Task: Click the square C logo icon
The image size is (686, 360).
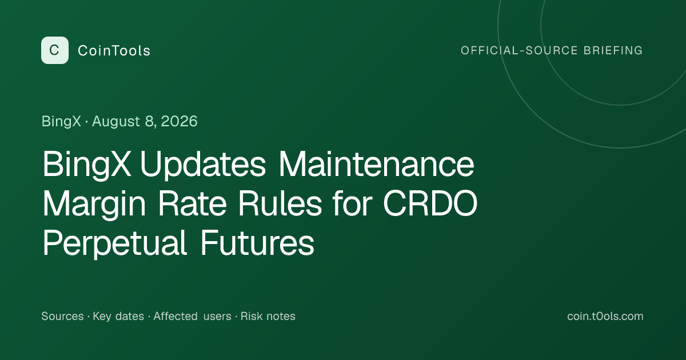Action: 55,50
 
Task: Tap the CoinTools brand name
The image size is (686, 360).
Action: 114,50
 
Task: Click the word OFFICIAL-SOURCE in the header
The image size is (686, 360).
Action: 519,50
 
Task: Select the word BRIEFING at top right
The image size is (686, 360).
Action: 613,50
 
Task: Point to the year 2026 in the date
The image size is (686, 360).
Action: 179,121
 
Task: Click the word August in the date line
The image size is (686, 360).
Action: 116,122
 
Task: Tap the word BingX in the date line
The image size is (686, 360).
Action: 61,122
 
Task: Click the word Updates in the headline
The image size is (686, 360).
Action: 203,165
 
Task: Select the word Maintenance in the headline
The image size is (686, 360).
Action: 376,164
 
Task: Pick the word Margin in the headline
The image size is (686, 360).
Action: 94,204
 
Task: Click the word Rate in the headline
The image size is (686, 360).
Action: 192,203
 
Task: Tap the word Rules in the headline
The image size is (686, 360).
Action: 280,203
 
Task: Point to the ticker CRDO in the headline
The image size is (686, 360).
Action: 430,203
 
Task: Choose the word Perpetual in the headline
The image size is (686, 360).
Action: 115,243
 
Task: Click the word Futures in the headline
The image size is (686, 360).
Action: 258,243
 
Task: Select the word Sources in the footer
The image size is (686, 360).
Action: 62,316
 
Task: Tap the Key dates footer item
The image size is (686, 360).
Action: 118,317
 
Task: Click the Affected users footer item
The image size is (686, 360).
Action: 192,316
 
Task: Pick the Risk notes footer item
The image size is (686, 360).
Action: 268,316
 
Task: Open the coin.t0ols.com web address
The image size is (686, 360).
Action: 605,316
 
